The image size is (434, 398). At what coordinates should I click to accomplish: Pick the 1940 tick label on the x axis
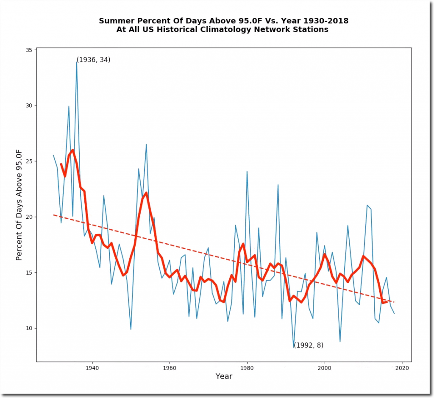coord(92,368)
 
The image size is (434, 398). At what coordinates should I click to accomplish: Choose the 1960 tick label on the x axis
coord(170,368)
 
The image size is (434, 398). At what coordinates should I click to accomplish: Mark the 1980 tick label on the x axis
coord(247,368)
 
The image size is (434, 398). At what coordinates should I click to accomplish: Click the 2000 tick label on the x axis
coord(325,368)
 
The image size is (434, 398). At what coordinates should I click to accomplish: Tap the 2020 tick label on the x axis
coord(402,368)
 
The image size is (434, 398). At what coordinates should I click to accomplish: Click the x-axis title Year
coord(224,376)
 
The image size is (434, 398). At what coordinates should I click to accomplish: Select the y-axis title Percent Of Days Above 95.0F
coord(19,205)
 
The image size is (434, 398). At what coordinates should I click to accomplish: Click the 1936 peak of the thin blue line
coord(77,62)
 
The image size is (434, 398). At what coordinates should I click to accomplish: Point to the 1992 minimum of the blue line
coord(294,347)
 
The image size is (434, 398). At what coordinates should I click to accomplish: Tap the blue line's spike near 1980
coord(247,171)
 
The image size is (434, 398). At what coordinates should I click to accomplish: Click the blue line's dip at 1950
coord(131,329)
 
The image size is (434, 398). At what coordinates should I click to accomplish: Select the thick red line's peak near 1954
coord(146,193)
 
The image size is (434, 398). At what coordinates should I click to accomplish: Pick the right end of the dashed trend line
coord(394,302)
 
